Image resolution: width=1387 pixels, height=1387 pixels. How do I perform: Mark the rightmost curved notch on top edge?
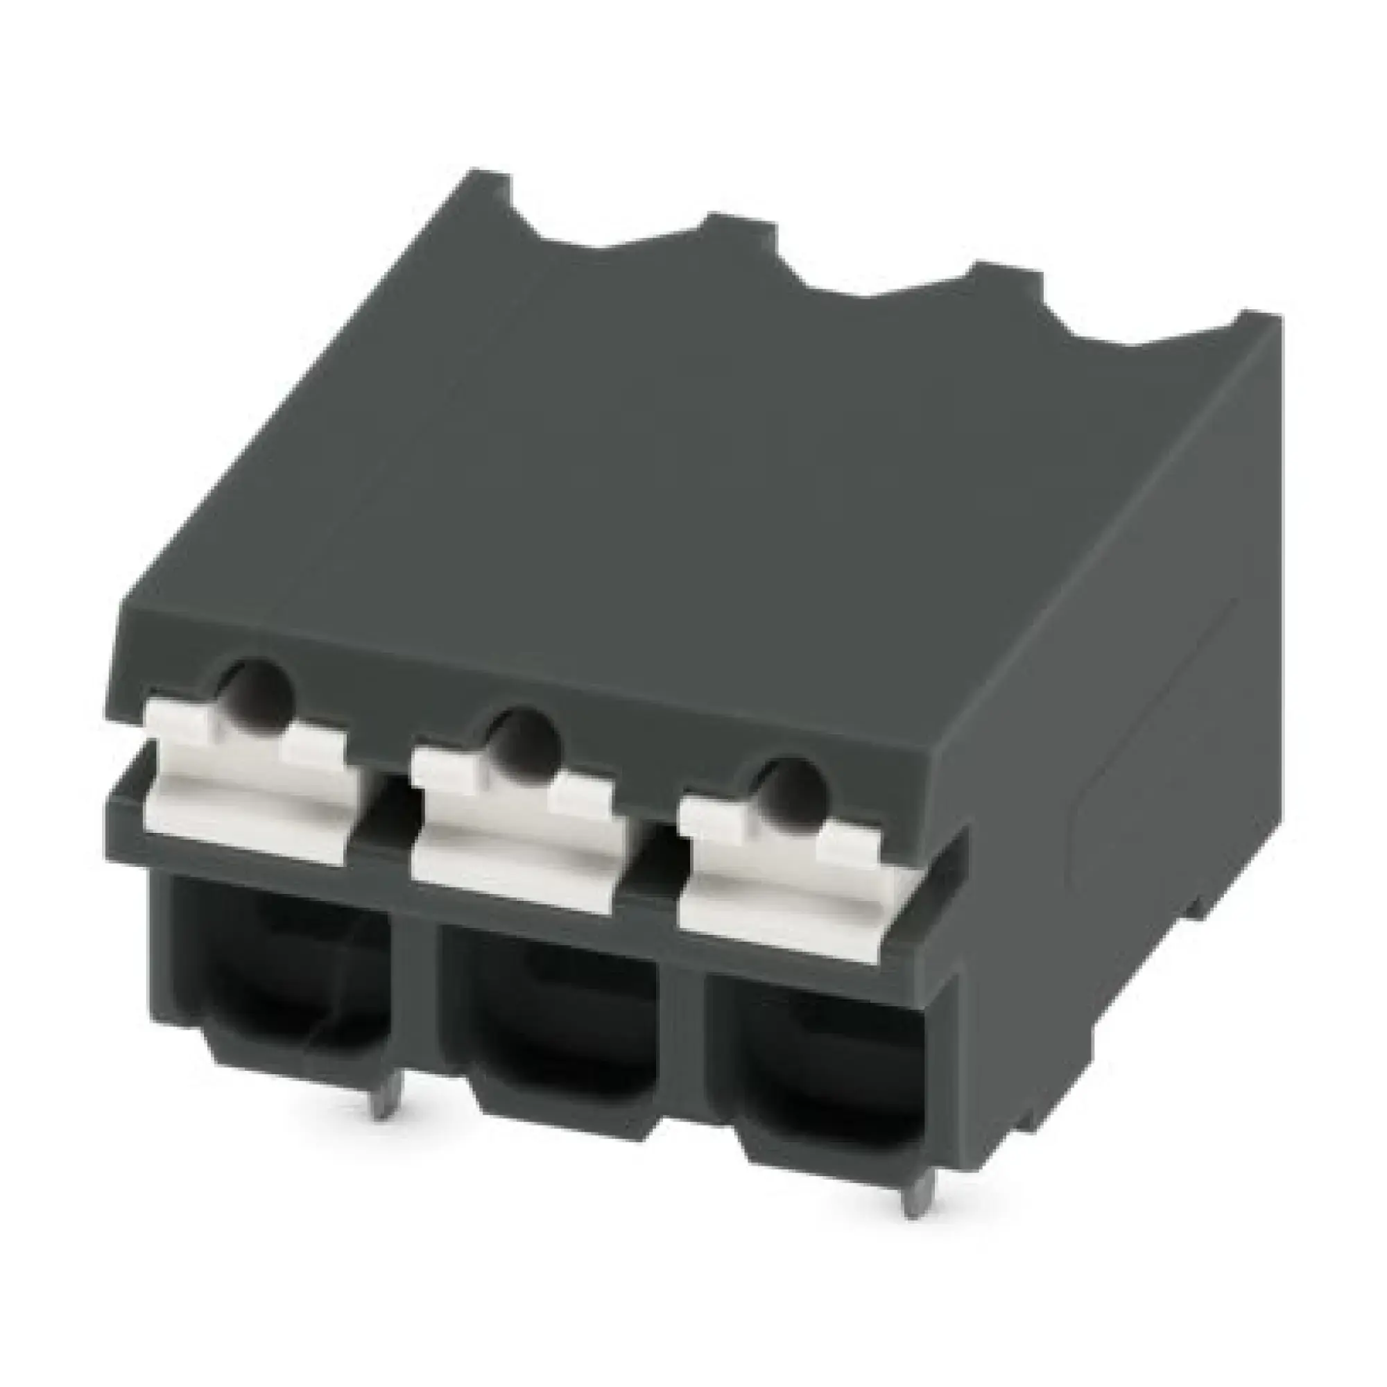pyautogui.click(x=1142, y=338)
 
